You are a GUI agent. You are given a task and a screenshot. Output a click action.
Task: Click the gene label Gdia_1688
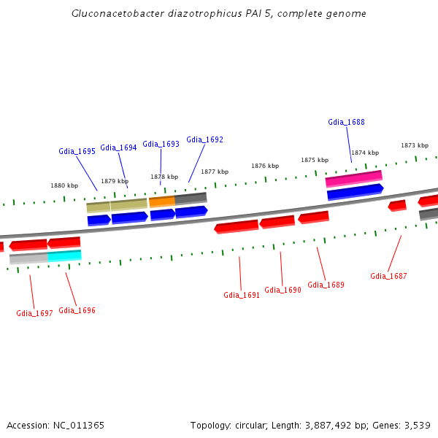click(346, 122)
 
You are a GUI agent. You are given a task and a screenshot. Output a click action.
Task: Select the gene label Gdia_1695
click(77, 151)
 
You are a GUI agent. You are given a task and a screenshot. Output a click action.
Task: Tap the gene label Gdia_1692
click(204, 139)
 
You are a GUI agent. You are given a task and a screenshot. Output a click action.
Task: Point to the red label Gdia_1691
click(242, 295)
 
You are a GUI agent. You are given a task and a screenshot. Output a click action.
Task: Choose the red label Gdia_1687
click(388, 276)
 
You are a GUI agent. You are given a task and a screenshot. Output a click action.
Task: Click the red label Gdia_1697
click(34, 313)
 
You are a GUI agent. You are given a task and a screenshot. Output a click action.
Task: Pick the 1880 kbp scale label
click(64, 185)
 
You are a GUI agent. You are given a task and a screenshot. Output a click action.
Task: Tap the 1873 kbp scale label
click(414, 145)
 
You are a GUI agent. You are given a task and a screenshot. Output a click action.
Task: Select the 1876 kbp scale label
click(265, 166)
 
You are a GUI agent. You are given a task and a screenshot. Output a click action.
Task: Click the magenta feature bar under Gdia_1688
click(353, 177)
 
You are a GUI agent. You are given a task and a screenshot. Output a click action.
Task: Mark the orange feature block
click(161, 201)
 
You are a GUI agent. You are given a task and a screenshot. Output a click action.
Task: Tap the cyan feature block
click(64, 255)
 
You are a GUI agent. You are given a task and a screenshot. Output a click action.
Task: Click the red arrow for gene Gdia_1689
click(313, 217)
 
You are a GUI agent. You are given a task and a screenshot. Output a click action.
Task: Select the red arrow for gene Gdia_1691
click(236, 226)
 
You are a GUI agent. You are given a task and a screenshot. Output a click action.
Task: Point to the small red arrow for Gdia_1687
click(397, 205)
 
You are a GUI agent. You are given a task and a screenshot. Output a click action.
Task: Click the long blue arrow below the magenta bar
click(355, 191)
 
